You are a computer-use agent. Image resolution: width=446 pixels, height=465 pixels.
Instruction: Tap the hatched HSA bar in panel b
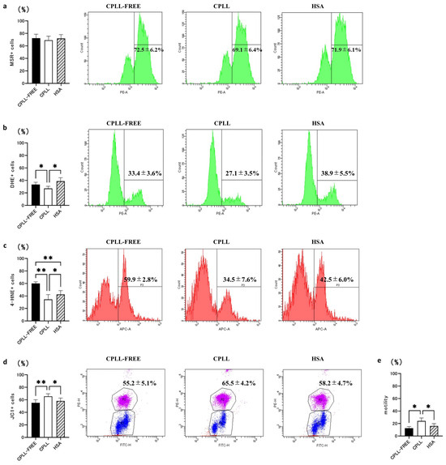pyautogui.click(x=60, y=193)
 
